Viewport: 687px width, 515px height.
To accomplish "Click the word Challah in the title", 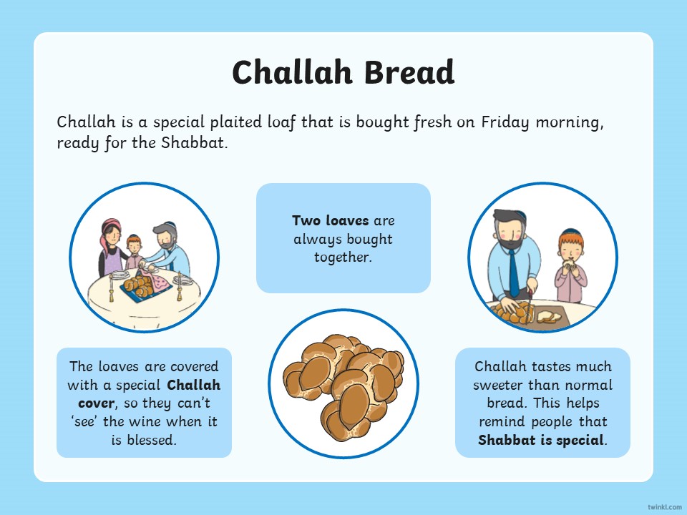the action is [292, 72].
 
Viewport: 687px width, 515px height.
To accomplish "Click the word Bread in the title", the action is [409, 72].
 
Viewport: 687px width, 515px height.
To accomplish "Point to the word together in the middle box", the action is [343, 257].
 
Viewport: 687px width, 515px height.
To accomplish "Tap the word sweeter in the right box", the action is [498, 385].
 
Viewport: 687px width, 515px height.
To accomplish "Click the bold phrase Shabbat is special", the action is [542, 440].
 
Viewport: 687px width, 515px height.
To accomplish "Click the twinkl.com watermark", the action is [664, 506].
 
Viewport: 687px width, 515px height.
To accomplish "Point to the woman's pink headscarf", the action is [108, 237].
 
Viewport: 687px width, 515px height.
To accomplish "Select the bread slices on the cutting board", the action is [549, 316].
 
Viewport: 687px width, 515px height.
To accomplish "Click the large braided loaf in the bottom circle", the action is [344, 384].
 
